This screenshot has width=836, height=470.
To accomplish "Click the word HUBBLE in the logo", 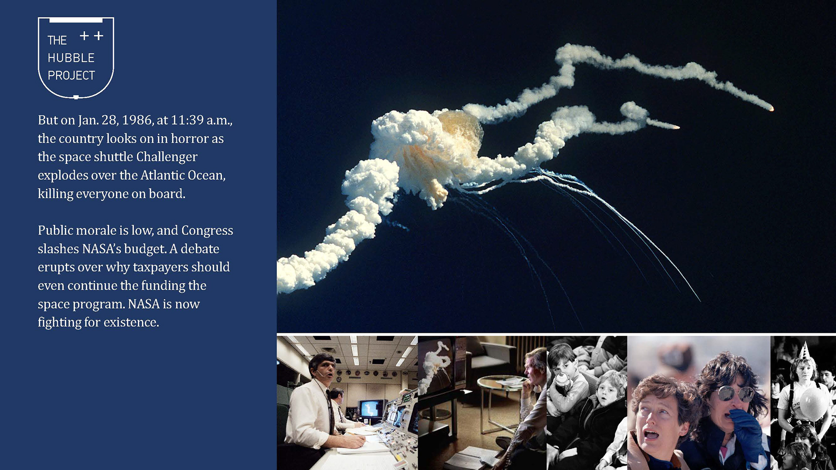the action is coord(71,58).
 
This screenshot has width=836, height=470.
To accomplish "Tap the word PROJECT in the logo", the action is coord(71,75).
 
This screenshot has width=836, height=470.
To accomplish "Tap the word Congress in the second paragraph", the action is coord(207,231).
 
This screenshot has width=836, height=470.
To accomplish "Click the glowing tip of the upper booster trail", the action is coord(771,109).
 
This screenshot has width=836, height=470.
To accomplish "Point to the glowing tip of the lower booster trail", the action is coord(677,128).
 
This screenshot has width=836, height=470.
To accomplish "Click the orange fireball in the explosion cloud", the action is coord(459,131).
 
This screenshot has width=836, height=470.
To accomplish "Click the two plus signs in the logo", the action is coord(91,36).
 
